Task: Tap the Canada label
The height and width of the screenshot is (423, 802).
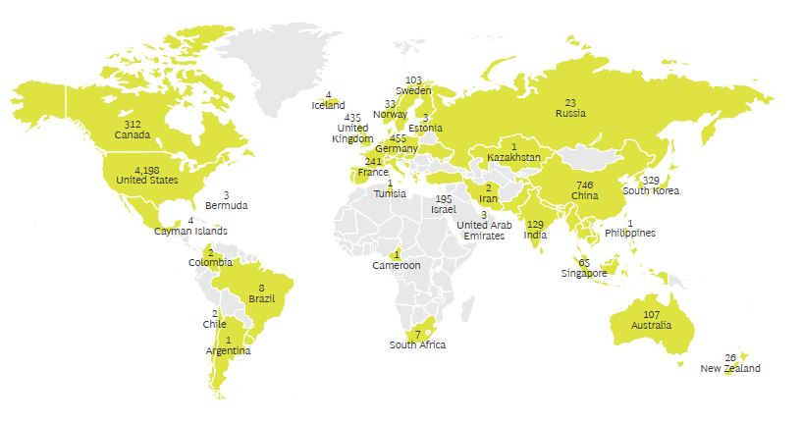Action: pyautogui.click(x=133, y=134)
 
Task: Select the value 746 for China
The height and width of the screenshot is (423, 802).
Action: pyautogui.click(x=584, y=185)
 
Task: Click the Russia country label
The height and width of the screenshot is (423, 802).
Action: pyautogui.click(x=570, y=113)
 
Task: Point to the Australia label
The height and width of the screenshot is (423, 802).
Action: pyautogui.click(x=652, y=325)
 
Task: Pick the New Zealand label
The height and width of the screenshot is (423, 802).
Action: pyautogui.click(x=729, y=369)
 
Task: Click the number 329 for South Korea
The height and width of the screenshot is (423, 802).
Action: pyautogui.click(x=651, y=180)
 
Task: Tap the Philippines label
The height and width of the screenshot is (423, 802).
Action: pyautogui.click(x=630, y=233)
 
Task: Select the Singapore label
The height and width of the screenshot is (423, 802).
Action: pyautogui.click(x=584, y=273)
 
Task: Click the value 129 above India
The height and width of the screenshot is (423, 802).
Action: pyautogui.click(x=535, y=225)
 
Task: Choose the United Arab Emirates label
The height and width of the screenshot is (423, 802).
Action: pyautogui.click(x=484, y=231)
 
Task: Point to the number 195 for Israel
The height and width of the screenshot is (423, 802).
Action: pyautogui.click(x=444, y=199)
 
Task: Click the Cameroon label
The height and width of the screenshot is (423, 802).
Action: pyautogui.click(x=397, y=265)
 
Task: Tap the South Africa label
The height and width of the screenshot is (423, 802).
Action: pyautogui.click(x=417, y=344)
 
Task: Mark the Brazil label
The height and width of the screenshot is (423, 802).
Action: pyautogui.click(x=261, y=298)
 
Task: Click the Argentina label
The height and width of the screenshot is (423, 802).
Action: pyautogui.click(x=228, y=350)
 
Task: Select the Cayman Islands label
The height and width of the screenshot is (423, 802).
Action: pyautogui.click(x=190, y=232)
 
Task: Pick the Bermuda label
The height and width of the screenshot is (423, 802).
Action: pyautogui.click(x=227, y=206)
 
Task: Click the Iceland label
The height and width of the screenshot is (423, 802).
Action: pyautogui.click(x=328, y=105)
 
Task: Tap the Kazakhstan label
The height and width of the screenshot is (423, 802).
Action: pyautogui.click(x=513, y=157)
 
